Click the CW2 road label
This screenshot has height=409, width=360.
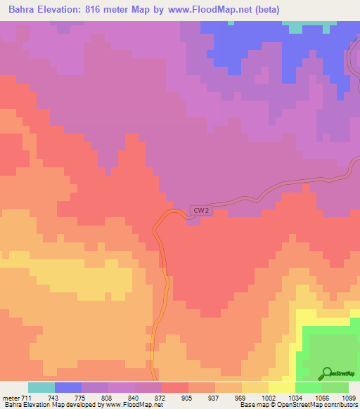click(x=200, y=210)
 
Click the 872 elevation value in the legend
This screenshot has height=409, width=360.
click(x=162, y=397)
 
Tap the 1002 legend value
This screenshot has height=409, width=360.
click(x=269, y=397)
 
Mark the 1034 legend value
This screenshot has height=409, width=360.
click(x=295, y=397)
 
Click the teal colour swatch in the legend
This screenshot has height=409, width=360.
click(x=41, y=387)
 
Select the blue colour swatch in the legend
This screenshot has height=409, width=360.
click(x=67, y=387)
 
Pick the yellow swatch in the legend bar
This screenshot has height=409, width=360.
click(x=281, y=387)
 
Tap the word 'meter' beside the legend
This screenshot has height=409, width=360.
click(x=10, y=397)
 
